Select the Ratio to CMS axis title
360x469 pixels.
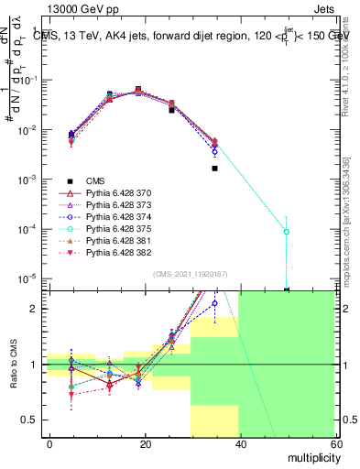pos(13,366)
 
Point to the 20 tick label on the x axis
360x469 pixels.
pos(145,442)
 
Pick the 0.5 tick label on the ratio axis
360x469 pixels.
pos(30,420)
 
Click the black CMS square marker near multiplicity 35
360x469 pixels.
pos(215,169)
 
